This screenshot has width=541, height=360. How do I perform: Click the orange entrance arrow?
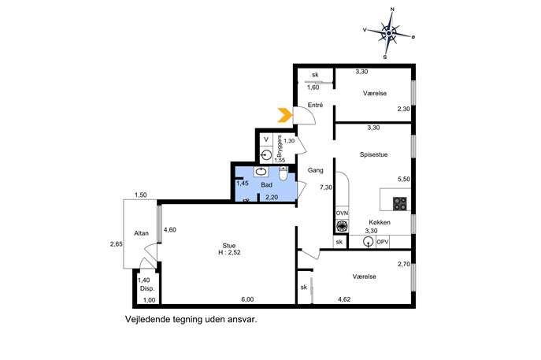284,115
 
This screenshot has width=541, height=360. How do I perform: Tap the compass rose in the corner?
389,33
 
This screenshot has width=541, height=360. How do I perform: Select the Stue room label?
229,246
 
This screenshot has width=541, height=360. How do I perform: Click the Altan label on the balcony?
141,233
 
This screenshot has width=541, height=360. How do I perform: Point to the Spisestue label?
374,154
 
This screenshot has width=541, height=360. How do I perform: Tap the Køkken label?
380,222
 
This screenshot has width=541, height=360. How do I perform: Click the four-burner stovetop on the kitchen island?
400,204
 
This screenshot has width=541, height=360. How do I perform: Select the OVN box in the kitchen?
342,213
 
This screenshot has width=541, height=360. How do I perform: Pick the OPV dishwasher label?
382,242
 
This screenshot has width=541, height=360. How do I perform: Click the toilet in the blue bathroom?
283,174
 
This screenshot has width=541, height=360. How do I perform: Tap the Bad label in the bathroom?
267,185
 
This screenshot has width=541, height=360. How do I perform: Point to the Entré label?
315,105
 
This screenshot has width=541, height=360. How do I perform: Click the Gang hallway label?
315,170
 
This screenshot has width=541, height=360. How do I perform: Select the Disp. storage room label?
147,288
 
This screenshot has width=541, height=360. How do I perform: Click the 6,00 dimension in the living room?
248,299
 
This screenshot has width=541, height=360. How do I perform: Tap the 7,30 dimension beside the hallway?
326,187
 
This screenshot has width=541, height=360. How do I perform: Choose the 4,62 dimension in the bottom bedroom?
344,299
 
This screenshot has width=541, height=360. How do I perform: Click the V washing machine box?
266,139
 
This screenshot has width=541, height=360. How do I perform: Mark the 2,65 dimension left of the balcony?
117,244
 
